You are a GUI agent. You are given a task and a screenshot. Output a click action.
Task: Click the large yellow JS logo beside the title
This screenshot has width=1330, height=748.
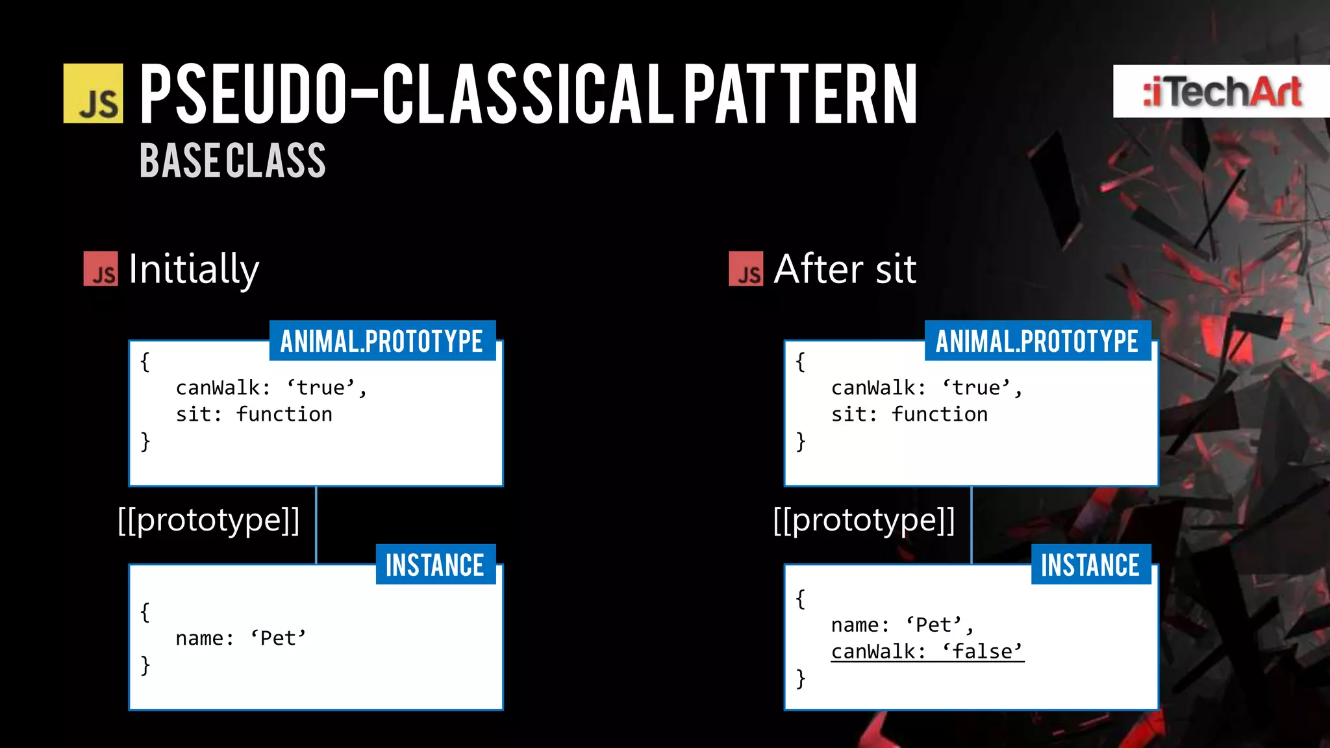[93, 93]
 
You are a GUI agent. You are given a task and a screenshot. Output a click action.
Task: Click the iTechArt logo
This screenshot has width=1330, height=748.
[1222, 92]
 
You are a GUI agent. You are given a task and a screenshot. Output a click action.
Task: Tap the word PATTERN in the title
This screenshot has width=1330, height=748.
[800, 95]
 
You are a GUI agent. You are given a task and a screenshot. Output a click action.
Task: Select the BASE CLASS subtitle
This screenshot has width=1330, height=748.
[232, 161]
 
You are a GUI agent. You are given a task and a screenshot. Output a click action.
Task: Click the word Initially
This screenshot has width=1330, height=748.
[194, 269]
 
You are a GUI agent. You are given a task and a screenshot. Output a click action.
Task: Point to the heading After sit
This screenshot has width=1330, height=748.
[844, 269]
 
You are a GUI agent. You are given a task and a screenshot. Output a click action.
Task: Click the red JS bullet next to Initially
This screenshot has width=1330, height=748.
[101, 269]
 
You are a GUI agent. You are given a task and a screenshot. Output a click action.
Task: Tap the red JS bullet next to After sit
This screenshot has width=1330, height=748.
[746, 269]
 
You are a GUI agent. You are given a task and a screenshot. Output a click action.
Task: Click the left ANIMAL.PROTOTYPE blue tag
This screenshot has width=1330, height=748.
[382, 341]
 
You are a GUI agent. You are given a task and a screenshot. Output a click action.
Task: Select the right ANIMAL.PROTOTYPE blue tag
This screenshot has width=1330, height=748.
[1037, 341]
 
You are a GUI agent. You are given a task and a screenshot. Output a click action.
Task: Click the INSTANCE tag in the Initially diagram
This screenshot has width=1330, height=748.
[435, 565]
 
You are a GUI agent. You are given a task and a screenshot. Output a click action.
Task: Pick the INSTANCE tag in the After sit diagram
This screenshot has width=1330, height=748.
[1090, 565]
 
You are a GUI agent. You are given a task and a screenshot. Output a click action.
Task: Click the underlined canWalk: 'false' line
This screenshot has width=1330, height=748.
[927, 651]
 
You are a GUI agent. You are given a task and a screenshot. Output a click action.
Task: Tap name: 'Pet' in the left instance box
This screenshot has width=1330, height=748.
[240, 638]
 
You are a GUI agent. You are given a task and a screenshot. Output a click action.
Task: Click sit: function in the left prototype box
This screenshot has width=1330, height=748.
[254, 414]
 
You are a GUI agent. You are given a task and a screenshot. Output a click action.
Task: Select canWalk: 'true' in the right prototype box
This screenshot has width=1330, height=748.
[926, 388]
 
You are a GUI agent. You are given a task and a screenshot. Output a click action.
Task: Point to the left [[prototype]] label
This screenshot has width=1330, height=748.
[208, 520]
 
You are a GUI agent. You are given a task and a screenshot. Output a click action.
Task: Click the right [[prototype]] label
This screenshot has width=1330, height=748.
[864, 520]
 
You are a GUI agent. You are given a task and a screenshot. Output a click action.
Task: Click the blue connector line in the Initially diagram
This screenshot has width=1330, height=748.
[316, 525]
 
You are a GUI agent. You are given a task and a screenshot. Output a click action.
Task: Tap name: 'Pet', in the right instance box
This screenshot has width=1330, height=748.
[902, 625]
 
